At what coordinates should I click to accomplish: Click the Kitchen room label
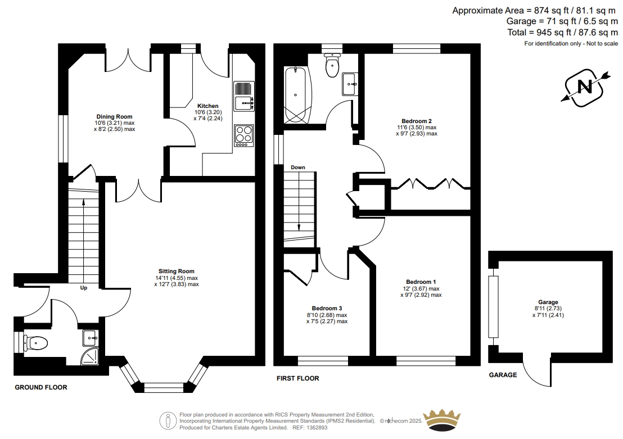[x=208, y=106]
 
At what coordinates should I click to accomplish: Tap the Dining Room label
[x=115, y=116]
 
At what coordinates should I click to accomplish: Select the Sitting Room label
[x=177, y=271]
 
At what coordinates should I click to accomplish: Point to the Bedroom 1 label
[x=421, y=282]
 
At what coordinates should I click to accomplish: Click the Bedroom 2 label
[x=417, y=121]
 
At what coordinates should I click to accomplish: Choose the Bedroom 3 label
[x=327, y=308]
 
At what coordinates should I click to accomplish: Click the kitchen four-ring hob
[x=244, y=135]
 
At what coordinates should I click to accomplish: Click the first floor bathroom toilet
[x=332, y=65]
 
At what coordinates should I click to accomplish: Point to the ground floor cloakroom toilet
[x=35, y=342]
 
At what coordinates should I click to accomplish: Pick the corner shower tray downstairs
[x=90, y=356]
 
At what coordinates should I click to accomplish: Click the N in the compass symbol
[x=584, y=86]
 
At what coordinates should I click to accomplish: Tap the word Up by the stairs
[x=83, y=288]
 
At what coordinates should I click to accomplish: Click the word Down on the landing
[x=298, y=168]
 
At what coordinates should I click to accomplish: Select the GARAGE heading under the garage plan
[x=503, y=375]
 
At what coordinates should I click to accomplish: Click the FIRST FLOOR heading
[x=298, y=378]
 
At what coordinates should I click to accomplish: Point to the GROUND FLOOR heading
[x=41, y=387]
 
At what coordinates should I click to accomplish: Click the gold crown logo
[x=441, y=420]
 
